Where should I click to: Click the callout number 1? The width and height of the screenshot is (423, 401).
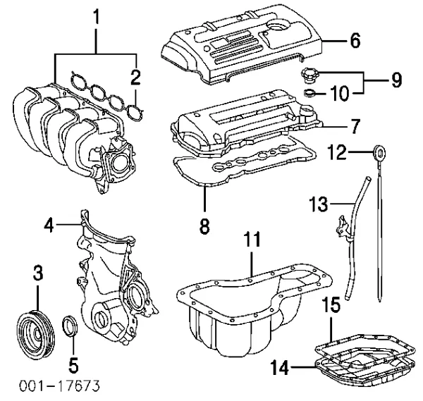click(x=96, y=16)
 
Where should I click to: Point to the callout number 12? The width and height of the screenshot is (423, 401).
click(x=339, y=149)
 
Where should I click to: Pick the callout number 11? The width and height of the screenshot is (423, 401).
click(x=252, y=240)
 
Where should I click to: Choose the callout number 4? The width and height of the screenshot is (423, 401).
click(x=49, y=226)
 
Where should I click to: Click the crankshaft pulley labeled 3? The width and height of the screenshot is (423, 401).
click(x=36, y=333)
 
